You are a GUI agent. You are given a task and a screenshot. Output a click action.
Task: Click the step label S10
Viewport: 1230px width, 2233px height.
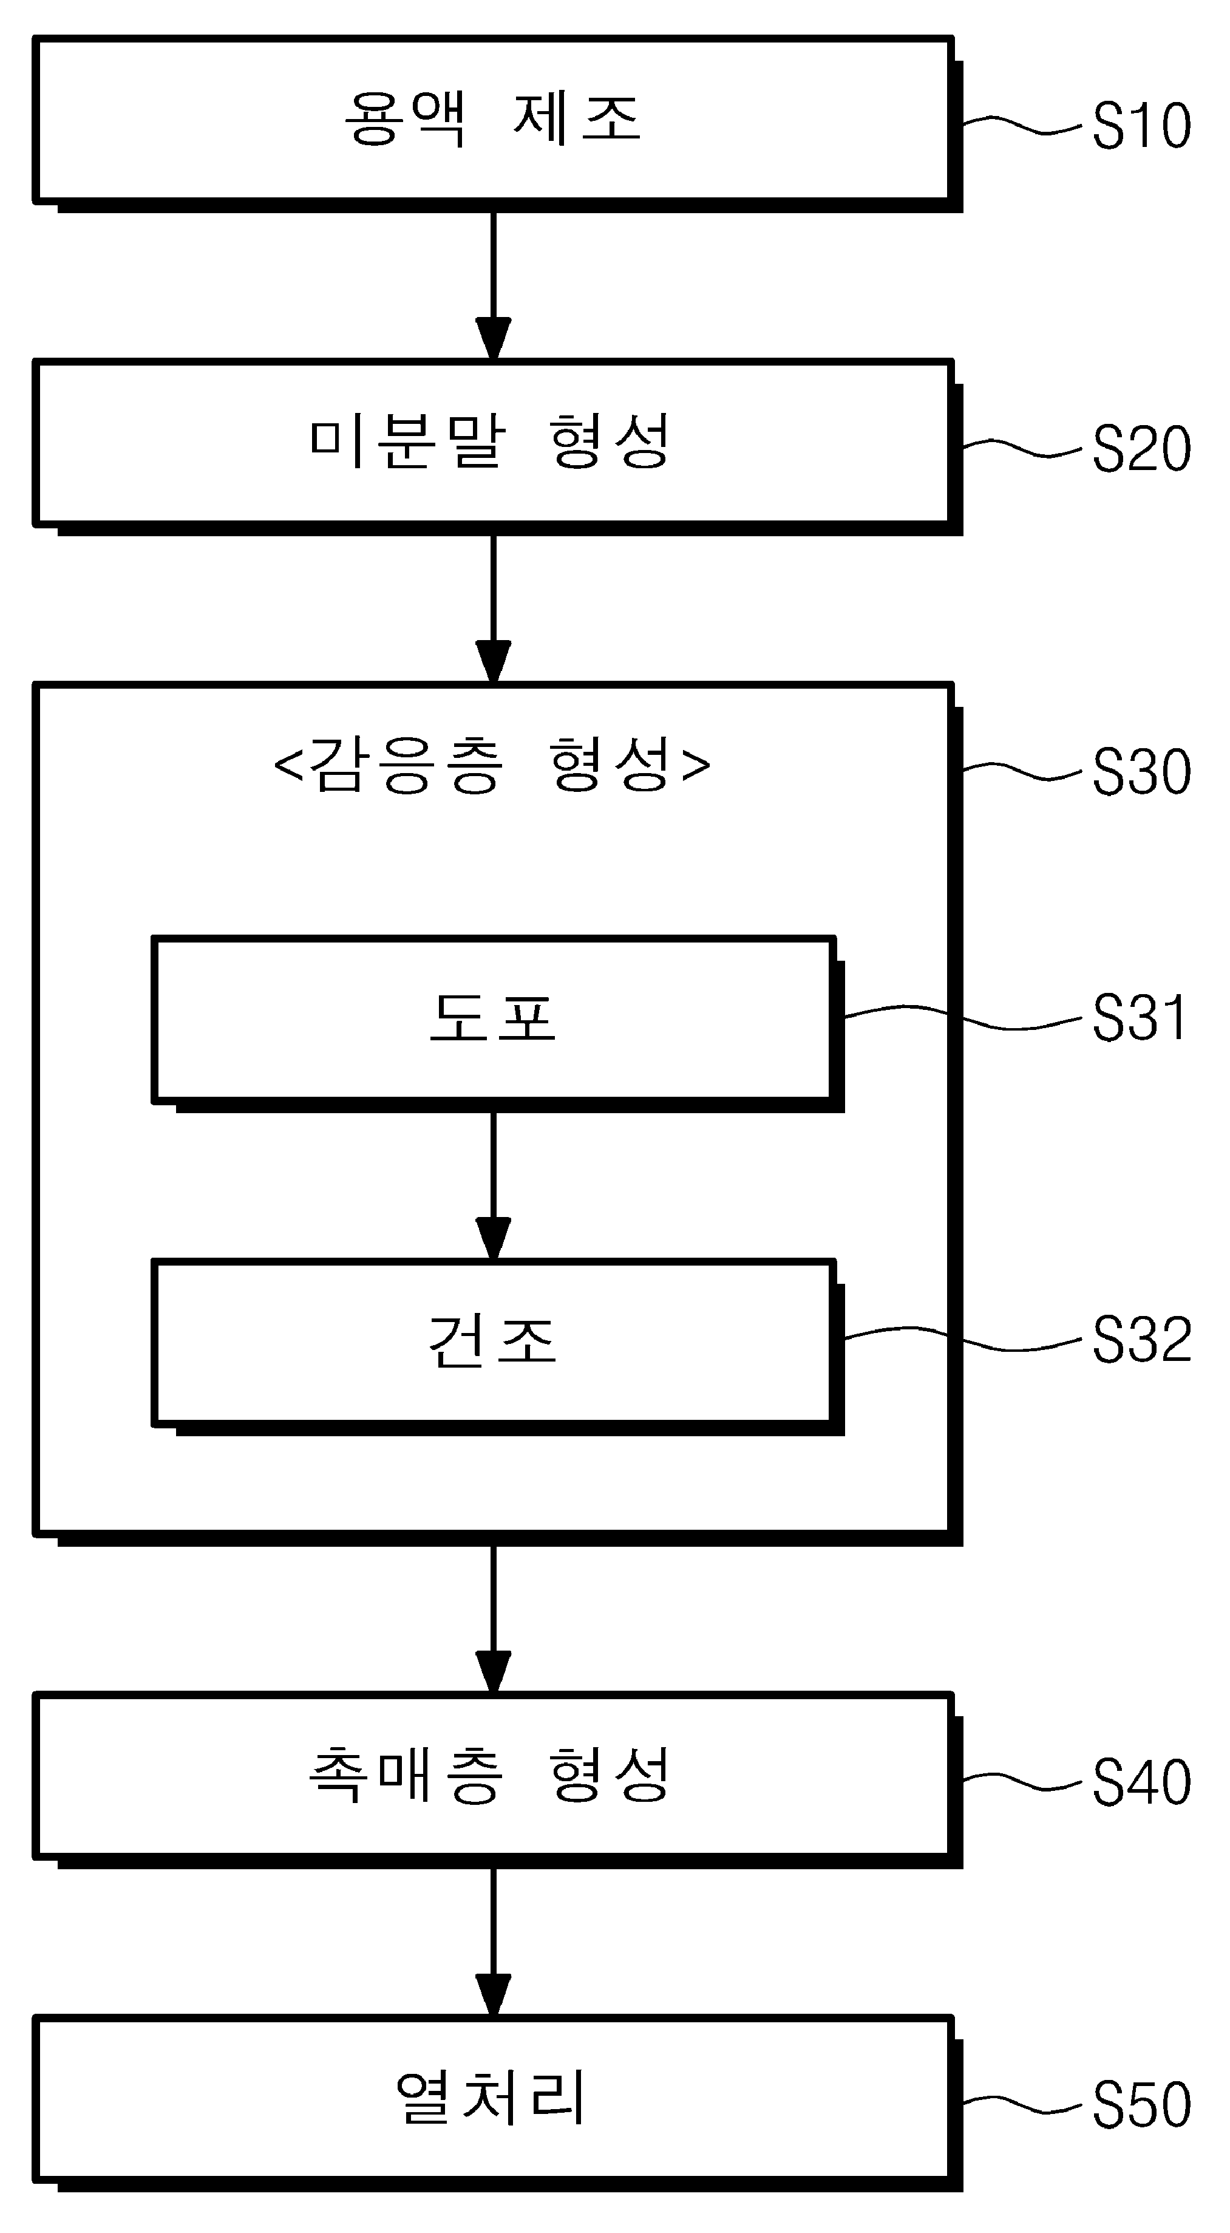(1141, 126)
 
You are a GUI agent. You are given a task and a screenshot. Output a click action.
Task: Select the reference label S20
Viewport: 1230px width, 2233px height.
(1141, 449)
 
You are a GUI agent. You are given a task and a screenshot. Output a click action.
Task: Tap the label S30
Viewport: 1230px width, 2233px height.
(1141, 771)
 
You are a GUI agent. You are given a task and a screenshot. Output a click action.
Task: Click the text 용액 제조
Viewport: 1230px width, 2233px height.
(492, 119)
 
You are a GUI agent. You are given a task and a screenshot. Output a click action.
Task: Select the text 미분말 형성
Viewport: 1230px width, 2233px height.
(491, 441)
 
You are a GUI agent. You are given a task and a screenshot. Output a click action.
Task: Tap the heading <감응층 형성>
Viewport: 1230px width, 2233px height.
(492, 765)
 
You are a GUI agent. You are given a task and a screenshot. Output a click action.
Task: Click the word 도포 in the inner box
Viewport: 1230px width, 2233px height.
(492, 1017)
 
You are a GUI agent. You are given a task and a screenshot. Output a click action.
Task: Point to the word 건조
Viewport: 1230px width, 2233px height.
(492, 1339)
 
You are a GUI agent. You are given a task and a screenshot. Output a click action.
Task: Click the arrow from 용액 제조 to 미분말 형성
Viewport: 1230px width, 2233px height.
(493, 286)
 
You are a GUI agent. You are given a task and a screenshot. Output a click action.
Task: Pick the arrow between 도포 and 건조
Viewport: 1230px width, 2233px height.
(493, 1186)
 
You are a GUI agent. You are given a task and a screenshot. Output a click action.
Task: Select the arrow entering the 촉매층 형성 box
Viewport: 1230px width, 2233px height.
(493, 1619)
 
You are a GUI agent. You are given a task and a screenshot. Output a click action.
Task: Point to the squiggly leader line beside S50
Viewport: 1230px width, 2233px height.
(1023, 2105)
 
